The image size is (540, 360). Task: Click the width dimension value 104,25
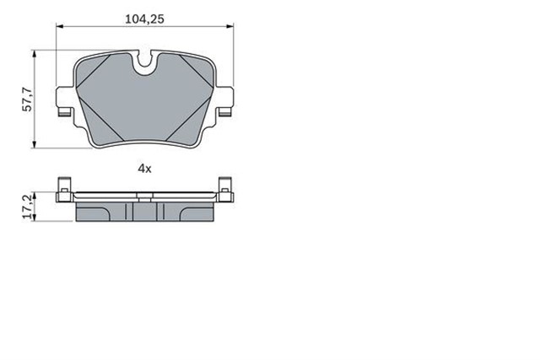pos(145,17)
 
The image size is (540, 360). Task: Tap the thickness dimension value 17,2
pos(25,207)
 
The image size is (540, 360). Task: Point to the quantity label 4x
pos(144,169)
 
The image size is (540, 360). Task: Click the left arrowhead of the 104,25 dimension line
pos(60,28)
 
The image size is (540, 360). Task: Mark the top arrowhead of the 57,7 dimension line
pos(35,53)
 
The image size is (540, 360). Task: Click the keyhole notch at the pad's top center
pos(144,62)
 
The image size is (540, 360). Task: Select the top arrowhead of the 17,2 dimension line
pos(35,196)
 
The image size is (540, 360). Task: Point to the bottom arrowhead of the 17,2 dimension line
pos(35,219)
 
